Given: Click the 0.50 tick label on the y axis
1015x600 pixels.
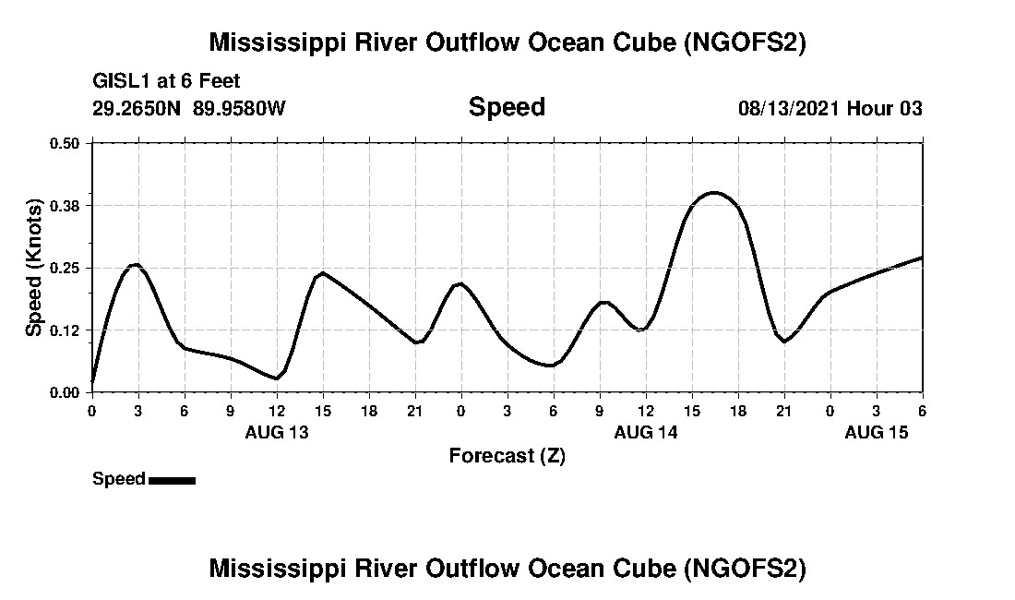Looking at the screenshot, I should tap(65, 143).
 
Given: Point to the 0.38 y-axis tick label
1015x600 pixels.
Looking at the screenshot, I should tap(65, 205).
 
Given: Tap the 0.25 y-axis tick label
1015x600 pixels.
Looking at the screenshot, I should tap(65, 268).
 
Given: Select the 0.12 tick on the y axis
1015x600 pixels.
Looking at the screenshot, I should tap(65, 330).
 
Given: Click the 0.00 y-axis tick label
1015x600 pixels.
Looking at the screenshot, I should tap(65, 392).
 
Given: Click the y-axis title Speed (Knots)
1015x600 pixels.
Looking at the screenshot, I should tap(34, 267).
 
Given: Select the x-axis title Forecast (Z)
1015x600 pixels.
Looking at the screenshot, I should tap(507, 455).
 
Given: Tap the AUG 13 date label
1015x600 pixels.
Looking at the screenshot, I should tap(277, 431).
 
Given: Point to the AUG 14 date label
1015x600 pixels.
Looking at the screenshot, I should tap(646, 431).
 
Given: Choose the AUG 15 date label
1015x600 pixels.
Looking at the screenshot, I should tap(877, 431).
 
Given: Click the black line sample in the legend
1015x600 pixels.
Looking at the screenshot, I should tap(172, 480).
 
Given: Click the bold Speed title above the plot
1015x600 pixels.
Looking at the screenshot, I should tap(507, 107).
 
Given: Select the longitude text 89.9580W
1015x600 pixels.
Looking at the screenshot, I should tap(240, 108).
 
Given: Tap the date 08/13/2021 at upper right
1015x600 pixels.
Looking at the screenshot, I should tap(789, 108).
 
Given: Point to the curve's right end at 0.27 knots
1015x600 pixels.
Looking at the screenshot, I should tap(921, 258).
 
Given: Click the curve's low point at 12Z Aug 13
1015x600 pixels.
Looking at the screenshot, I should tap(276, 378).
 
